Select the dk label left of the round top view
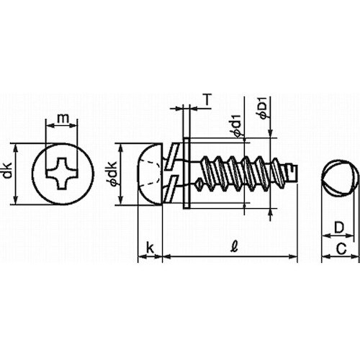[7, 174]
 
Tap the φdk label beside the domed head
[113, 174]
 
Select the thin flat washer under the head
[186, 174]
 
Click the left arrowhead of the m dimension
[48, 126]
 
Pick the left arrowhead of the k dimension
[140, 256]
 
